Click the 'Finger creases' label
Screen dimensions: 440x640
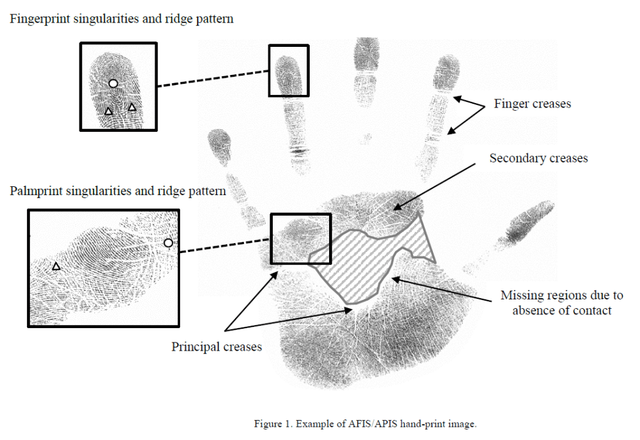point(532,104)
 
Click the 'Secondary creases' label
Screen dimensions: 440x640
point(538,158)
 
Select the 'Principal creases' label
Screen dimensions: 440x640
point(216,346)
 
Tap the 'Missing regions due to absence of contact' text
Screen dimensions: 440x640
point(561,302)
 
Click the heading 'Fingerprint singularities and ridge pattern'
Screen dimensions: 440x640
point(121,19)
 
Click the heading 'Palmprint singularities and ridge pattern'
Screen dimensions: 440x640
point(118,191)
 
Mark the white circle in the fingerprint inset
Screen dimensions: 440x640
point(113,83)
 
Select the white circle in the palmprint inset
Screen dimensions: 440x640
point(167,243)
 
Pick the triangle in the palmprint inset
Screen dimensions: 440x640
point(56,266)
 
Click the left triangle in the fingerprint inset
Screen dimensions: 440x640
point(108,111)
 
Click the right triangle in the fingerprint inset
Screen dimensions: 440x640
point(132,107)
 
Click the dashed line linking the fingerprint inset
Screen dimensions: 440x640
point(213,78)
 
